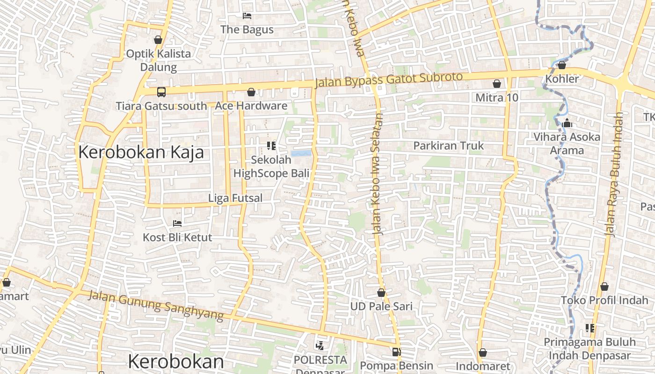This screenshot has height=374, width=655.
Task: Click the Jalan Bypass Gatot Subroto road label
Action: (x=389, y=79)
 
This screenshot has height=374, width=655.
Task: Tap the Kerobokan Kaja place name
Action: (x=141, y=152)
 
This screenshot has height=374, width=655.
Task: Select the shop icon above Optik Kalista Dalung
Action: (x=158, y=40)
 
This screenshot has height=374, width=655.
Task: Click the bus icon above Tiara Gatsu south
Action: (x=161, y=92)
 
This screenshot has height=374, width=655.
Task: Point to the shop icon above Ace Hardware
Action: (x=251, y=92)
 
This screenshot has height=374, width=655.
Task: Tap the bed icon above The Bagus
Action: (x=247, y=16)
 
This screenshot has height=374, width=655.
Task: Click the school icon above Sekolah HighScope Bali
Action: (x=271, y=146)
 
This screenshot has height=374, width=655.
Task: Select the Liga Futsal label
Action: (x=235, y=198)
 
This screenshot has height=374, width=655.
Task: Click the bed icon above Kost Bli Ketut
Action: (x=177, y=223)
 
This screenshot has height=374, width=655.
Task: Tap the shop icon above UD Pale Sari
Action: (x=381, y=293)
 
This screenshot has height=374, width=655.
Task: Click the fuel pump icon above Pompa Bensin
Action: (x=396, y=352)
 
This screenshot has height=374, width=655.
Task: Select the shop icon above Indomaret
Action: (x=482, y=352)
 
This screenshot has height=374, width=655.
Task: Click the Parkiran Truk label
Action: (x=448, y=146)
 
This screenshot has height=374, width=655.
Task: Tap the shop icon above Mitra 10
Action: (x=496, y=84)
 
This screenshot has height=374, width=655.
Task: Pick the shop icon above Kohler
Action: (x=562, y=65)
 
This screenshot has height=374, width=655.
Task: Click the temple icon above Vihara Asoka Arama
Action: (x=568, y=123)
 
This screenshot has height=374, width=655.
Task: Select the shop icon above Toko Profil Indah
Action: (x=604, y=287)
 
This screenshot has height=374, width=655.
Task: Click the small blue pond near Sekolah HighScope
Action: (x=300, y=153)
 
